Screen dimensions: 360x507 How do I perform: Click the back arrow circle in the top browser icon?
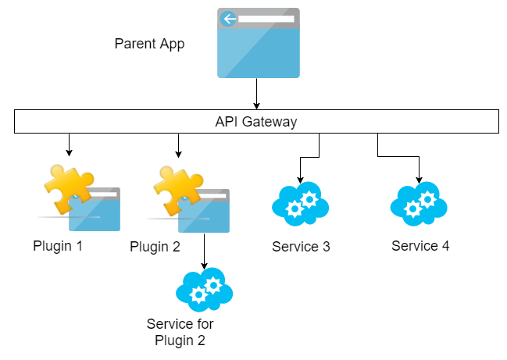point(229,19)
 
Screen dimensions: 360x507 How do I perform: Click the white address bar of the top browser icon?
point(266,18)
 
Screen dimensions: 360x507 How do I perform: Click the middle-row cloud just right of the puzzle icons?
point(300,204)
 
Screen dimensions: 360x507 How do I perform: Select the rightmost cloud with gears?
point(419,204)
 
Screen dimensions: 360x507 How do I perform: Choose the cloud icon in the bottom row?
point(205,290)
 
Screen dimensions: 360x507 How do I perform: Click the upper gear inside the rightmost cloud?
point(427,199)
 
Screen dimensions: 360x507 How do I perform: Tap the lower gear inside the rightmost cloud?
point(413,209)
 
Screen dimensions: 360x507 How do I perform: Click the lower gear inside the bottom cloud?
point(199,295)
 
